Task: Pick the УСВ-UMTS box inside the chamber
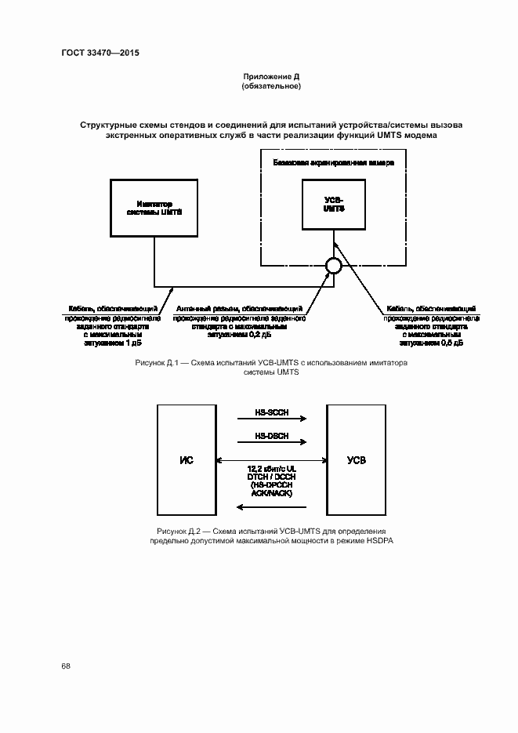pos(334,205)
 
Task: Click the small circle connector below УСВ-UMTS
pos(334,267)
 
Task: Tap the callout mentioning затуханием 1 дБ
pos(113,325)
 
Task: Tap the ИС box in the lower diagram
pos(187,459)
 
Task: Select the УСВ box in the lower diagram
pos(356,459)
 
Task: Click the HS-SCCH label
pos(271,412)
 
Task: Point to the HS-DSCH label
pos(271,436)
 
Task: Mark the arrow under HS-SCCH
pos(271,420)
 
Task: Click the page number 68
pos(66,666)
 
